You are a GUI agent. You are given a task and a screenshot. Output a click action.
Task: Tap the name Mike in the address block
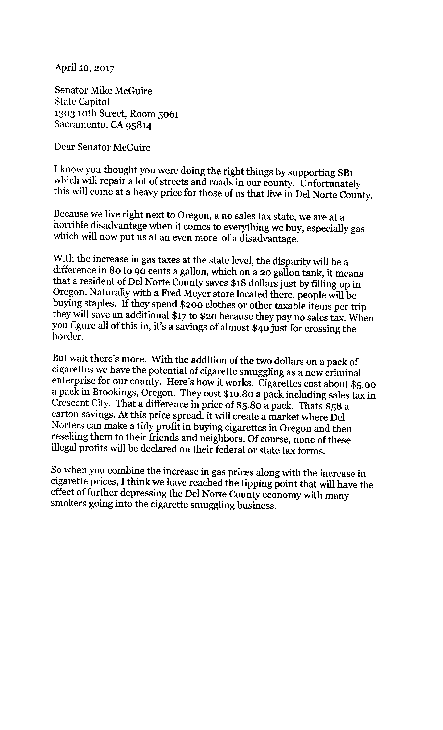pos(101,91)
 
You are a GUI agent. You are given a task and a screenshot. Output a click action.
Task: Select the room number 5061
pos(168,114)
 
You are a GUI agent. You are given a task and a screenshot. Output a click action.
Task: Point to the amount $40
pos(259,328)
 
